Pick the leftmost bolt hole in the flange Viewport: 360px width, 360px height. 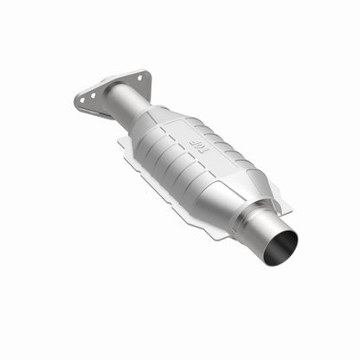click(x=82, y=101)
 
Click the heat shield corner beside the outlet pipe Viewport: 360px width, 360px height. click(x=286, y=208)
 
